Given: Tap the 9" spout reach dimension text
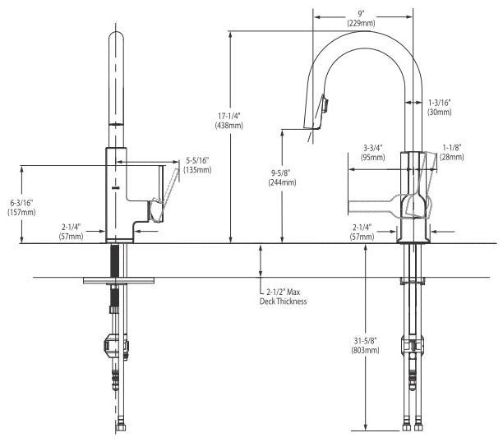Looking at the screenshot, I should point(362,12).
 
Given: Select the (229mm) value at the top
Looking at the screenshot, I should point(362,22).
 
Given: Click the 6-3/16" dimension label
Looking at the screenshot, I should point(21,202).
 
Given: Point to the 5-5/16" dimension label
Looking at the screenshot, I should point(198,160).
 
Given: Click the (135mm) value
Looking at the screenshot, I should point(198,170).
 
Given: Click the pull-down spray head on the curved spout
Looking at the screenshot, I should point(320,112).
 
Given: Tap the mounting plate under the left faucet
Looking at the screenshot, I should point(120,281).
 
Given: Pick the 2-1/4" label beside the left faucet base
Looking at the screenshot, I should point(71,227).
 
